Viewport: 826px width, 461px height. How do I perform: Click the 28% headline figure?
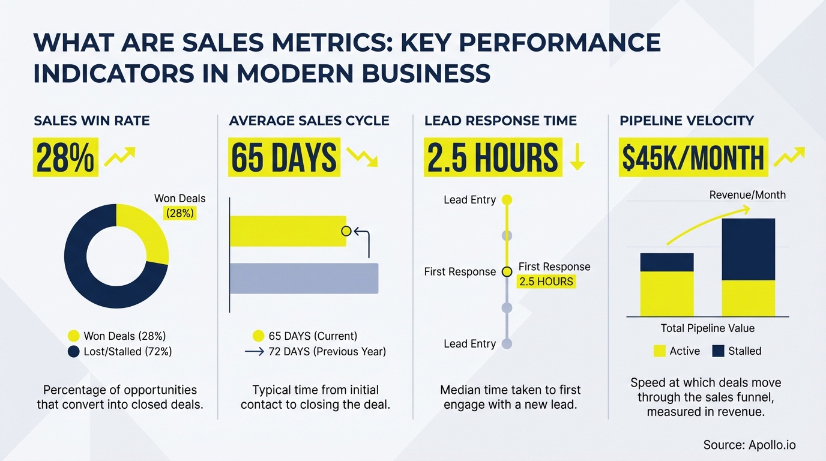coord(65,158)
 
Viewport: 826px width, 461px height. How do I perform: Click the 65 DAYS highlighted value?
coord(284,158)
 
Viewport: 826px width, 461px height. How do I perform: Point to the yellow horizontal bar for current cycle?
coord(288,231)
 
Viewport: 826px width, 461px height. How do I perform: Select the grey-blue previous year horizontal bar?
coord(304,279)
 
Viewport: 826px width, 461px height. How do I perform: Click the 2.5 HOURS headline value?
coord(492,158)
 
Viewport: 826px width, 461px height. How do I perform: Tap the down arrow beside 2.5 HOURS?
coord(577,157)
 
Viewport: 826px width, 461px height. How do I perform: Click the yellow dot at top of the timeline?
coord(507,200)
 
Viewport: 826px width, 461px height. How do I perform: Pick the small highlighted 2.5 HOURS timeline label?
coord(546,282)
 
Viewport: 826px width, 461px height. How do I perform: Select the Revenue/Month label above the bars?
coord(747,194)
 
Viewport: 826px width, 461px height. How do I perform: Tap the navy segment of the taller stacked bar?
coord(748,249)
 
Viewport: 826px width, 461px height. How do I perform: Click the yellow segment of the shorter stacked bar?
coord(667,294)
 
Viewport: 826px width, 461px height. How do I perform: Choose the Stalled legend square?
coord(718,351)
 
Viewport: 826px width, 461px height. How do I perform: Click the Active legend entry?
coord(677,351)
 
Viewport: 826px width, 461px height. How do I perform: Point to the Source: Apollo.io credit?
coord(750,445)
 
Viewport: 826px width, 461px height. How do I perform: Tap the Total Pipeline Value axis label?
coord(708,328)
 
